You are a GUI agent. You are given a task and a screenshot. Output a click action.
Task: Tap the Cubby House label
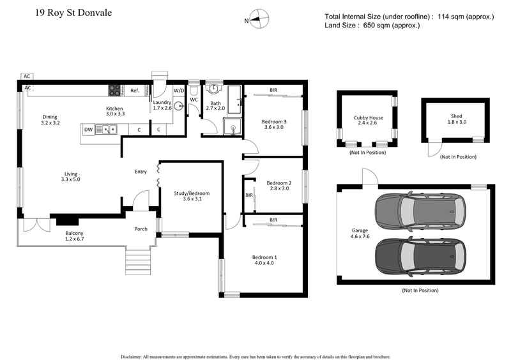[369, 118]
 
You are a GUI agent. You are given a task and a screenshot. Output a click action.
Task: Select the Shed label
[456, 116]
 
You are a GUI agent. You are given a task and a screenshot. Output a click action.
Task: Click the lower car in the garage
[420, 255]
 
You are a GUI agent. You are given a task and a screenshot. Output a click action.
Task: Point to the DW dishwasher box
[89, 130]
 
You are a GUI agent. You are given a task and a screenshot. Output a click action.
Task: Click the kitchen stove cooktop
[115, 91]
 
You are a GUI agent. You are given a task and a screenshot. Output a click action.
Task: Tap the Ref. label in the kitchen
[135, 91]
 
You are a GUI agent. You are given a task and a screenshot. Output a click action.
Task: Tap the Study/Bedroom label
[192, 193]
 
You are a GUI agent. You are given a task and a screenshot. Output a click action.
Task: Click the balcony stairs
[137, 261]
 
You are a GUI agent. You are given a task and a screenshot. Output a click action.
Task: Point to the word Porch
[141, 229]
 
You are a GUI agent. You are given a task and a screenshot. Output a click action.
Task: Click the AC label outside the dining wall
[27, 76]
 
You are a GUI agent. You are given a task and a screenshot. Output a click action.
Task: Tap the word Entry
[141, 171]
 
